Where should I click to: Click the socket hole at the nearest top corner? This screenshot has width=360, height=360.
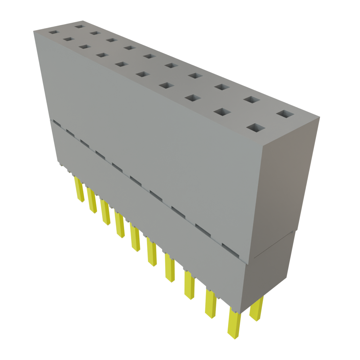coord(256,128)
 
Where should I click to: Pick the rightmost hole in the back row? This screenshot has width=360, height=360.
coord(285,114)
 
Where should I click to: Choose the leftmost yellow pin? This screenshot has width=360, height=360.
coord(79,190)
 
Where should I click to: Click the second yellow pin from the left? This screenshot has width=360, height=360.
coord(92,201)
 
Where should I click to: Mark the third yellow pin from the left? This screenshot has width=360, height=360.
coord(105,213)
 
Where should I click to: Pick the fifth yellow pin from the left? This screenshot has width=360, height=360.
coord(135,239)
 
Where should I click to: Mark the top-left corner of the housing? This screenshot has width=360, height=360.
coord(34,31)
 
